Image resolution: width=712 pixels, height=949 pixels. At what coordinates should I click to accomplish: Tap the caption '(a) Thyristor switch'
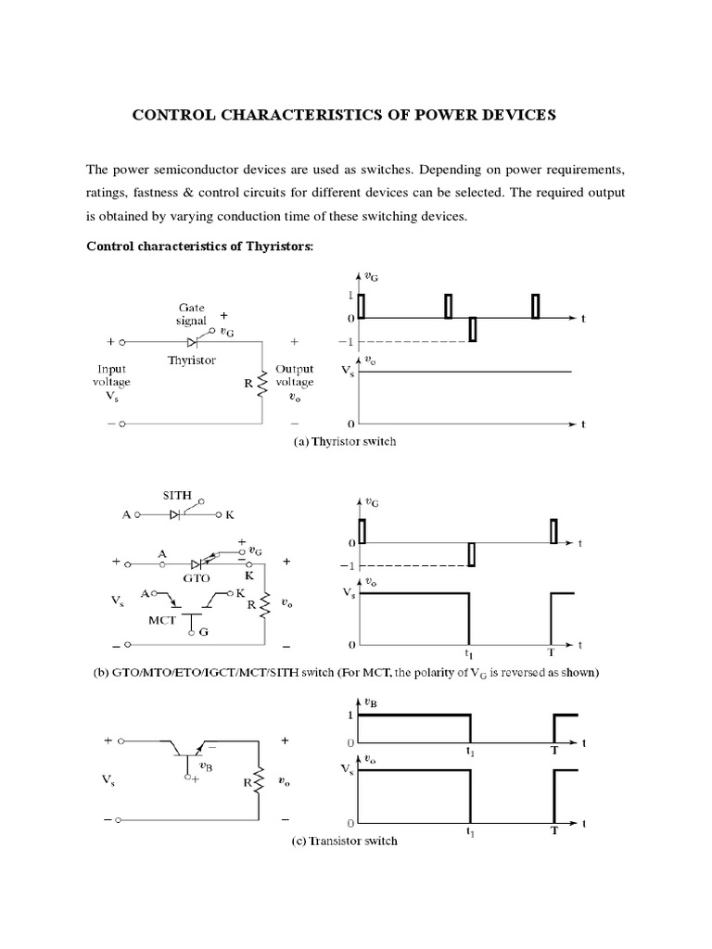(345, 442)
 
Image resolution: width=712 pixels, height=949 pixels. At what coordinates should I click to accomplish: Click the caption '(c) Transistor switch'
(345, 841)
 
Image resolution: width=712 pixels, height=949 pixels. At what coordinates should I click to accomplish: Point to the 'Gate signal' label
(197, 313)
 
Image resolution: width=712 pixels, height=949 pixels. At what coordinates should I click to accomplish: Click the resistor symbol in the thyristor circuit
(262, 382)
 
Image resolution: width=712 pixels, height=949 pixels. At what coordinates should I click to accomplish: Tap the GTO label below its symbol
(197, 576)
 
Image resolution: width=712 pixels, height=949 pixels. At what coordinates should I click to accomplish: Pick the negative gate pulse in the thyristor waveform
(473, 329)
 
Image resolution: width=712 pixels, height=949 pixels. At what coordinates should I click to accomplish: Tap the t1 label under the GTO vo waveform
(470, 652)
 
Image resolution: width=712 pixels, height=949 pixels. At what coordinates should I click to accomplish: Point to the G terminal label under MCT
(204, 632)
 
